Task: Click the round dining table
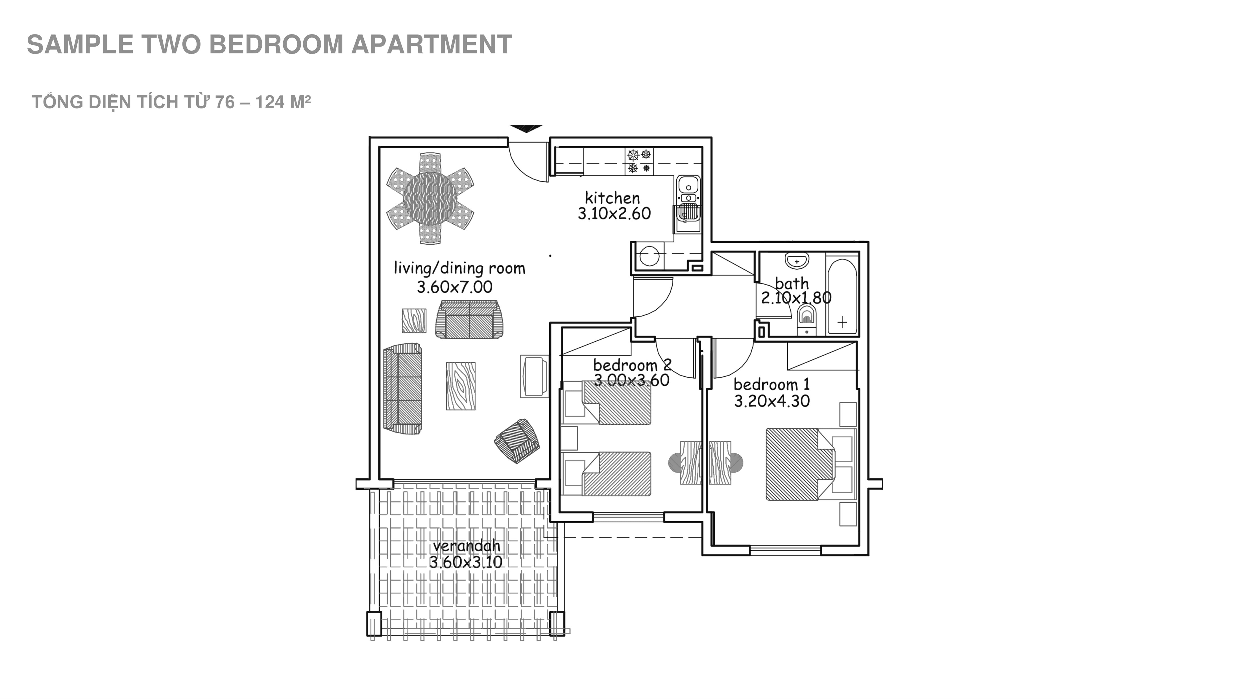click(430, 198)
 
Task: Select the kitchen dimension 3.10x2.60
click(614, 214)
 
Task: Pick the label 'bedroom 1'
click(772, 385)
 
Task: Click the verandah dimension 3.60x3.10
click(466, 562)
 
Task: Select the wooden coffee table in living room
click(460, 386)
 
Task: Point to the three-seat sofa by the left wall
click(403, 389)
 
